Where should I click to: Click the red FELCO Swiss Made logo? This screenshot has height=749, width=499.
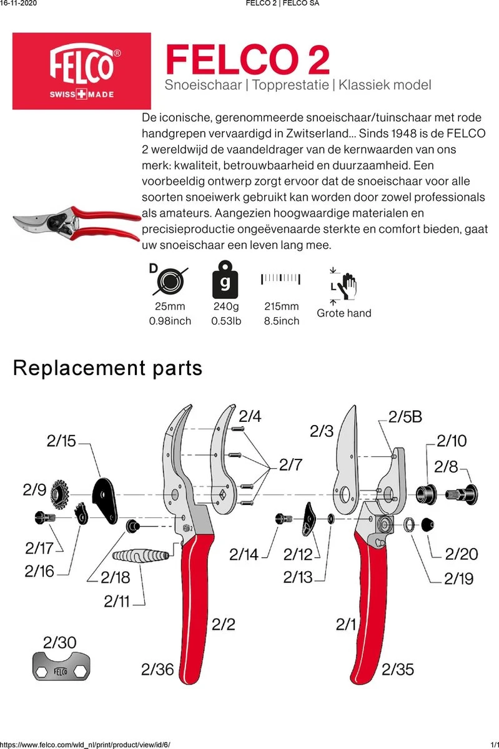(x=82, y=71)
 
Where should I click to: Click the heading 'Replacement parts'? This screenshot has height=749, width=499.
(x=107, y=368)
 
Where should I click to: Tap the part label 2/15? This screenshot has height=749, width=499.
(x=61, y=441)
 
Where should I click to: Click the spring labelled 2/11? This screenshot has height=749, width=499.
(x=142, y=554)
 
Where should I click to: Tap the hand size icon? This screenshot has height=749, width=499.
(x=343, y=285)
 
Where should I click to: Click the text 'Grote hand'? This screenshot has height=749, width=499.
(x=343, y=313)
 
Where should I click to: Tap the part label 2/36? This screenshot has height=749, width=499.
(x=157, y=670)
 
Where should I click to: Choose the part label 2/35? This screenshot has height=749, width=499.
(x=397, y=670)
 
